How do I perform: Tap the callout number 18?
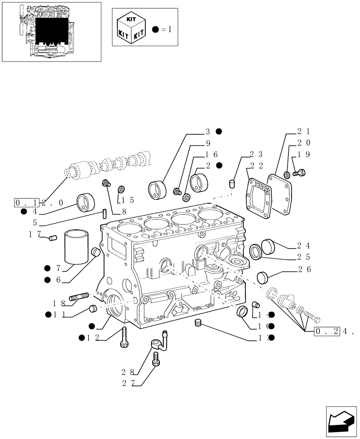pos(59,303)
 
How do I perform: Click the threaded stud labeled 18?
pos(79,297)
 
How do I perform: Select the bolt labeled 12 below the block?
pos(123,337)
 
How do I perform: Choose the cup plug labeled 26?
pos(262,277)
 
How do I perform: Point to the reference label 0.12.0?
pos(39,202)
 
